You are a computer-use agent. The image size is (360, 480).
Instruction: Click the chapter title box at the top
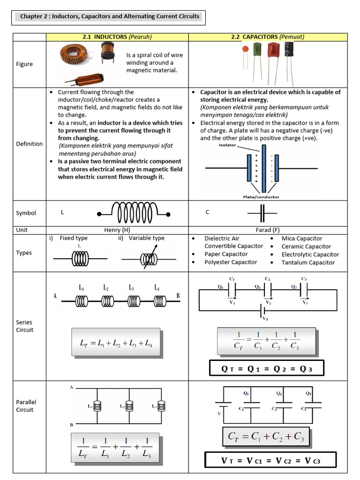point(109,16)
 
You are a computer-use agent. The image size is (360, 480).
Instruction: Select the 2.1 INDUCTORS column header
point(117,37)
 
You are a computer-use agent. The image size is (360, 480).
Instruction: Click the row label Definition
point(29,144)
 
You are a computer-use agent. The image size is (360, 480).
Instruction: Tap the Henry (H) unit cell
point(117,230)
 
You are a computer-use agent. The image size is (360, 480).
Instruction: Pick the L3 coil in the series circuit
point(134,300)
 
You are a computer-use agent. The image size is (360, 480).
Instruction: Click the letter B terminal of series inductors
point(178,295)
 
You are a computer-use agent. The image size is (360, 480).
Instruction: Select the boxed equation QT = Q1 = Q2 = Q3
point(266,369)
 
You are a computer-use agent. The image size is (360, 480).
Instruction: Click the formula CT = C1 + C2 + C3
point(266,437)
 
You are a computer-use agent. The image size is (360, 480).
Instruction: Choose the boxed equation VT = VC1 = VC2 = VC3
point(270,460)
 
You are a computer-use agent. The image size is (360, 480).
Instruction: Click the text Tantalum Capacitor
point(308,262)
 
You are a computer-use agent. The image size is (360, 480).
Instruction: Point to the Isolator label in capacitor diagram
point(227,145)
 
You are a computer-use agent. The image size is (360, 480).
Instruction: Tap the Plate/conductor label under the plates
point(262,197)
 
